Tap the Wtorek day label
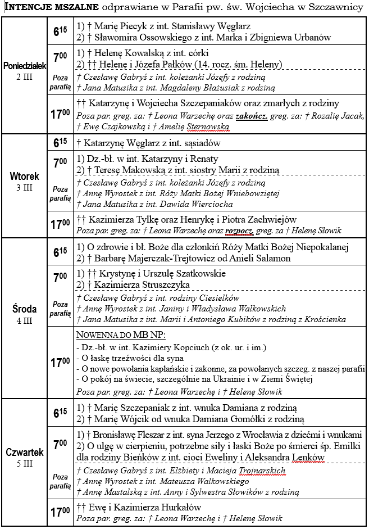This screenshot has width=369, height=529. tap(24, 177)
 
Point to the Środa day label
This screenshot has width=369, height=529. tap(24, 309)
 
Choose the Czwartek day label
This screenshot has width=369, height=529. tap(24, 453)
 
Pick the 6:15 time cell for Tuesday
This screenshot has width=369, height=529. tap(60, 143)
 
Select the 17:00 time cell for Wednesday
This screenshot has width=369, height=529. tap(60, 363)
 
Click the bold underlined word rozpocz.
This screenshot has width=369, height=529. tap(241, 230)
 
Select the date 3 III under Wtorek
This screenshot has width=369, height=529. tap(24, 187)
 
